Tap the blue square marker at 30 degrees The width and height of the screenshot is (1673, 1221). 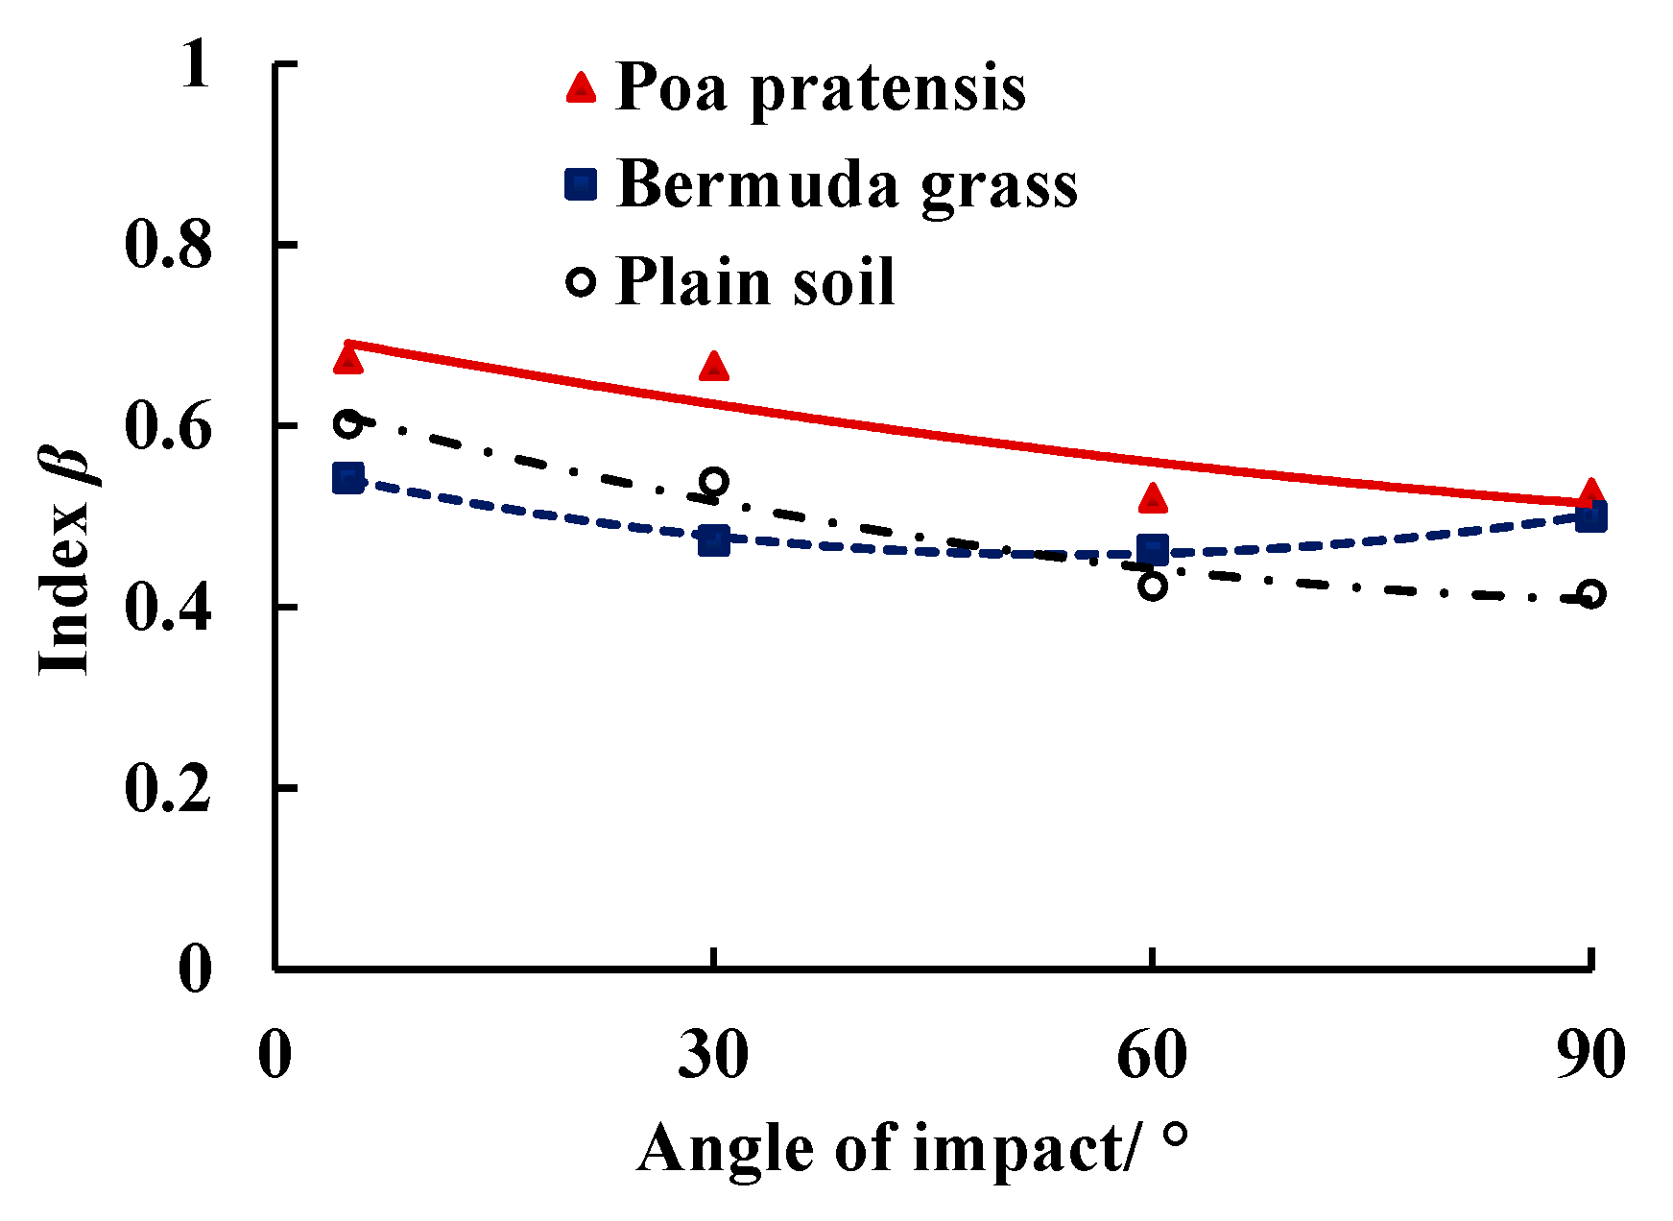click(x=713, y=539)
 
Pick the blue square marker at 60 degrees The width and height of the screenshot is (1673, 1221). click(x=1153, y=550)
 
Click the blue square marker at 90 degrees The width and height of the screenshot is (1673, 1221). click(x=1591, y=517)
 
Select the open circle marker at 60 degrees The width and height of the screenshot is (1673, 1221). click(x=1153, y=585)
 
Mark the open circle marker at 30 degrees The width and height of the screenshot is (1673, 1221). click(x=713, y=482)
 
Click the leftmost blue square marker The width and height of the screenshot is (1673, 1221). click(x=347, y=478)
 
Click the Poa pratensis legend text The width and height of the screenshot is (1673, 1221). click(x=821, y=88)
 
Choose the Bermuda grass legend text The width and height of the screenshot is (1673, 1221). click(x=847, y=184)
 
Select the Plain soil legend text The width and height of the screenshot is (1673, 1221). click(x=755, y=282)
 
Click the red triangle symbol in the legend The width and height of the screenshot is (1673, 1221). click(x=581, y=88)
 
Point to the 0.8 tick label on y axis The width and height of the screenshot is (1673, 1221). click(x=168, y=246)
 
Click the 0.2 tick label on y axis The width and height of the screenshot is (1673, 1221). click(x=168, y=789)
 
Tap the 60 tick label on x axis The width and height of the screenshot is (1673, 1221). click(x=1152, y=1055)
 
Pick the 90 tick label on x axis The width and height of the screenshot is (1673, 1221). click(x=1590, y=1055)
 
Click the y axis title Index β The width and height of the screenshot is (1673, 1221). click(x=65, y=562)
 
